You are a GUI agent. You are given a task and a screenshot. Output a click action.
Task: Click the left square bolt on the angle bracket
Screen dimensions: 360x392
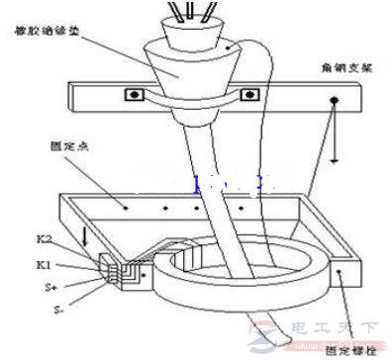tap(130, 97)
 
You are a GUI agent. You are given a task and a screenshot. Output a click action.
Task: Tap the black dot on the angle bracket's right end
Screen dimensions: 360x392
tap(333, 101)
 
